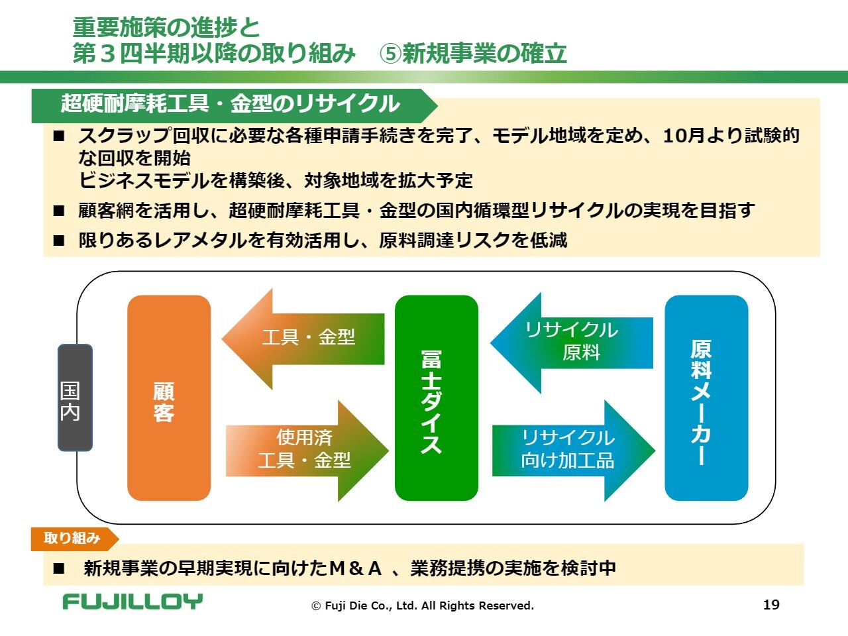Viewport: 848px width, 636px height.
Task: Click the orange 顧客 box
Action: tap(169, 397)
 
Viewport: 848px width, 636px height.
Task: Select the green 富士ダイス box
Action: tap(436, 397)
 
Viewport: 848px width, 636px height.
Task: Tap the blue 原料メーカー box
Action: tap(706, 397)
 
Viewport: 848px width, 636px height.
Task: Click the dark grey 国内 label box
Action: tap(75, 397)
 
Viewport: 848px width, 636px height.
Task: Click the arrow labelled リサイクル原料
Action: tap(573, 342)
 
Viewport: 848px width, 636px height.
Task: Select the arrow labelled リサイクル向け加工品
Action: tap(570, 450)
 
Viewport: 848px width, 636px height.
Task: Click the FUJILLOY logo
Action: tap(132, 602)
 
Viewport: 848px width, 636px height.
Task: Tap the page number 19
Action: tap(771, 604)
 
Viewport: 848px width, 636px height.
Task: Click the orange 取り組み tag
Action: tap(72, 539)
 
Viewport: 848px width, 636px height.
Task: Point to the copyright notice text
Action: tap(423, 606)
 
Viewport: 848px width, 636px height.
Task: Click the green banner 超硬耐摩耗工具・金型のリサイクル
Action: tap(231, 105)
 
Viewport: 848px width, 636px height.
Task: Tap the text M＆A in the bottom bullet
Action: tap(356, 568)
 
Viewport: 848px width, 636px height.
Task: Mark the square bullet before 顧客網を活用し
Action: tap(60, 211)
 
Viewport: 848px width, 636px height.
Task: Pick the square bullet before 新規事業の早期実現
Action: tap(60, 568)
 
